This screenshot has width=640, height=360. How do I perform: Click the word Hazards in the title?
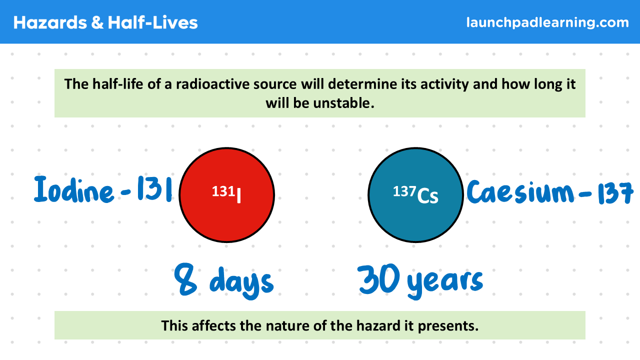[x=50, y=22]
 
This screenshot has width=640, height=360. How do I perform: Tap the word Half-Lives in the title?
[x=153, y=22]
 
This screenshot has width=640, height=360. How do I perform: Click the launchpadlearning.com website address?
[x=547, y=22]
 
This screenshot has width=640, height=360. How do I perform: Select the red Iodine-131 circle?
[x=227, y=195]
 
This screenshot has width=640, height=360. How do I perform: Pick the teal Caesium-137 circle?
[x=415, y=195]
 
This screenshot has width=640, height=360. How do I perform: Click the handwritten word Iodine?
[x=73, y=189]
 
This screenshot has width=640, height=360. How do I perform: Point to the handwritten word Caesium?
[x=520, y=191]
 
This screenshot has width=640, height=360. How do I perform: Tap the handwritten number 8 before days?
[x=185, y=279]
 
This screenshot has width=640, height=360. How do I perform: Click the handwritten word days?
[x=241, y=282]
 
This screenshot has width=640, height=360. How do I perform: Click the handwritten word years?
[x=445, y=283]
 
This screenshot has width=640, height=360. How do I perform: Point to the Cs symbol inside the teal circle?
[x=427, y=196]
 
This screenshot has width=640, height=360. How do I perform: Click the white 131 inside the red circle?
[x=223, y=191]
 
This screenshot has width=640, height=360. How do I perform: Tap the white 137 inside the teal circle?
[x=404, y=191]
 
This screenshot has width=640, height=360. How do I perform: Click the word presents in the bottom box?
[x=448, y=326]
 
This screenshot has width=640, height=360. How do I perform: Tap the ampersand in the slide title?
[x=97, y=22]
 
